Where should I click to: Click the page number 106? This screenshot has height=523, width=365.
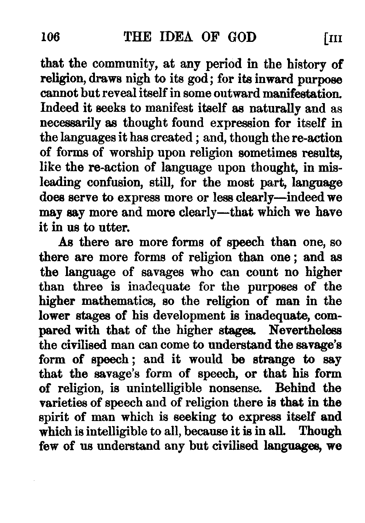[50, 37]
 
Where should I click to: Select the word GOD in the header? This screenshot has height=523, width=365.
[238, 37]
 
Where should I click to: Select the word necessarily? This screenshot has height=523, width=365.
[77, 123]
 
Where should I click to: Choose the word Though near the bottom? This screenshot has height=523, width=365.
[320, 432]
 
